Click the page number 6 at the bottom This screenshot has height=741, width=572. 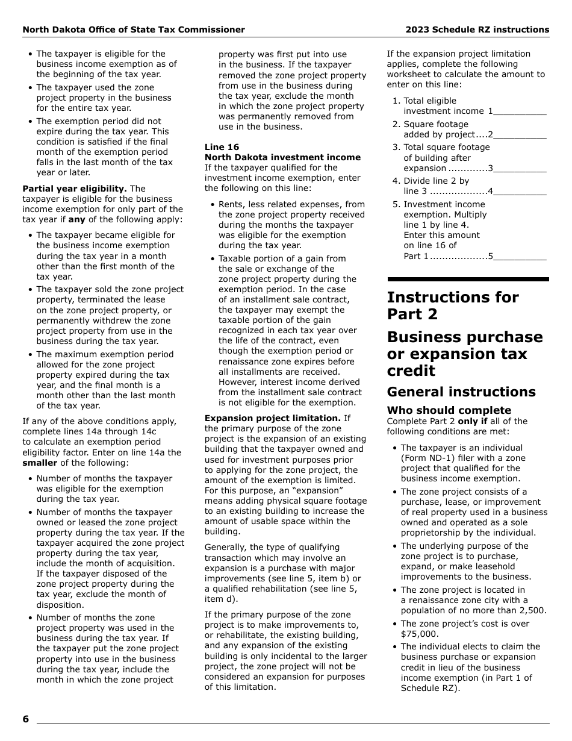click(26, 719)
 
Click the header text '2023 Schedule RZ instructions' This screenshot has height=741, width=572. click(477, 30)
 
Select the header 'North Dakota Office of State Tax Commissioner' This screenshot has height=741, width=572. click(134, 30)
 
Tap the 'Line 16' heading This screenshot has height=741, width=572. click(222, 147)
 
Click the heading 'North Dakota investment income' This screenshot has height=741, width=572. click(282, 157)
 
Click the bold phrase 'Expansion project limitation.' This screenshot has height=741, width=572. click(273, 418)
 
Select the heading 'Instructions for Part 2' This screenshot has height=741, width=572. click(452, 305)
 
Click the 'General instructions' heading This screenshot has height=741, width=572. click(461, 392)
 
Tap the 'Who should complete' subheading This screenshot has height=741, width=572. click(449, 410)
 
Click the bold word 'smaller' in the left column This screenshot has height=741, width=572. click(40, 463)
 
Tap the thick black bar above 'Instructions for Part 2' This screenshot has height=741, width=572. click(468, 280)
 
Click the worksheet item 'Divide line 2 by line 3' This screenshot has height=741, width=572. click(436, 186)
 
